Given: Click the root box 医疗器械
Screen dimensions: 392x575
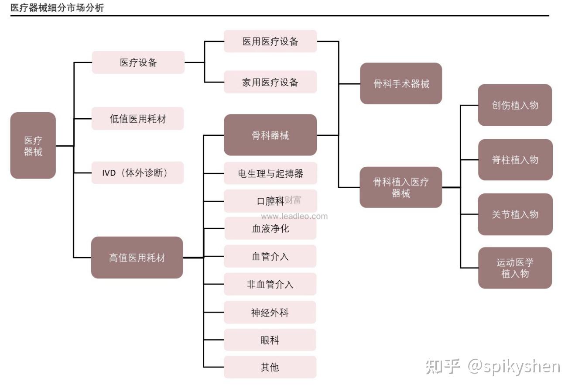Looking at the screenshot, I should (33, 145).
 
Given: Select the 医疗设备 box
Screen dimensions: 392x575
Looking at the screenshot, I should (138, 62).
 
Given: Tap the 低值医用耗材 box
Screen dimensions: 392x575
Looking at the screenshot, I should (137, 118).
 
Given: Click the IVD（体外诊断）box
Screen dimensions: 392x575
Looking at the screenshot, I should (137, 173).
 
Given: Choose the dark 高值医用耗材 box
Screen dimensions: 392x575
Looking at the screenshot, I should (137, 258).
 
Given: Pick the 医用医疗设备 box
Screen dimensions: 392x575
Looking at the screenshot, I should (270, 41).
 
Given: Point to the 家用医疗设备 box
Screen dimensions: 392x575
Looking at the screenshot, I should (270, 82).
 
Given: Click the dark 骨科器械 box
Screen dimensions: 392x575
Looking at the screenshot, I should (270, 135).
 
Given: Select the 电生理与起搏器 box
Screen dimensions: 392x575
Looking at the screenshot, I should (270, 173).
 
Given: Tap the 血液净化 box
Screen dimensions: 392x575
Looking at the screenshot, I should (270, 228).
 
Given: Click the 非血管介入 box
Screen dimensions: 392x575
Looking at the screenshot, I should (270, 284).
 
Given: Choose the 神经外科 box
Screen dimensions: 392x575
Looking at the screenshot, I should (270, 312).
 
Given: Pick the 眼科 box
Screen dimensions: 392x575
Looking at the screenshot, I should (270, 340).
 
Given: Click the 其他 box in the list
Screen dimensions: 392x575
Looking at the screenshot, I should (270, 367).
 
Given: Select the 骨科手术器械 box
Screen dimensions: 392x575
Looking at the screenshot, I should (401, 83).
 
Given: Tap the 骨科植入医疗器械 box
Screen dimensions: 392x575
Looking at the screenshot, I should (400, 187).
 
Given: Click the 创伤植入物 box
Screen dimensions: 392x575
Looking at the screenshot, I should (515, 105).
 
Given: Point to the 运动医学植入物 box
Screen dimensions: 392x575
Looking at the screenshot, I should (515, 268).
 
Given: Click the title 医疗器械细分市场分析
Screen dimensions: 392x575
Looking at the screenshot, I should (57, 8).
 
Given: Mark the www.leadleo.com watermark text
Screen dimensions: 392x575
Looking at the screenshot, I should (294, 216).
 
